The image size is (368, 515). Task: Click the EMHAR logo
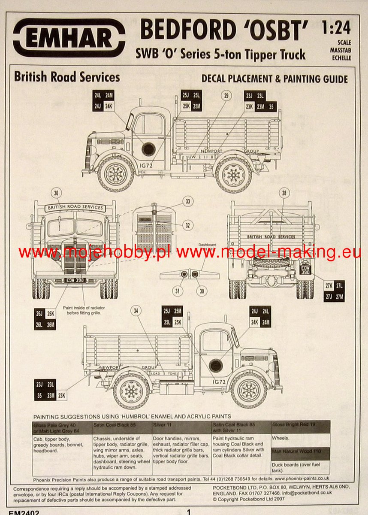[69, 38]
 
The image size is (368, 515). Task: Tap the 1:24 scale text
[336, 28]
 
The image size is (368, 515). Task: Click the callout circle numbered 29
[226, 95]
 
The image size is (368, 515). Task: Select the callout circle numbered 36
[56, 193]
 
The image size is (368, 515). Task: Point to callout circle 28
[283, 193]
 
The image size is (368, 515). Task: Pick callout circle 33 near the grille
[187, 202]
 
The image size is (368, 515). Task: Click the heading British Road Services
[67, 77]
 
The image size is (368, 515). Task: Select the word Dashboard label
[207, 245]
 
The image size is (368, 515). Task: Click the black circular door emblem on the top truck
[148, 149]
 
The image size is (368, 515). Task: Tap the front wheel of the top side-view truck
[116, 174]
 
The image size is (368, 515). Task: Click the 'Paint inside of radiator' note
[84, 310]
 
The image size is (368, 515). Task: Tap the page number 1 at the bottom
[188, 511]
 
